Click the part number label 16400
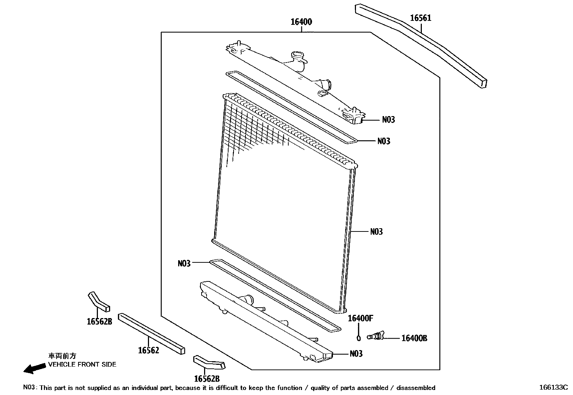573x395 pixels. [x=301, y=22]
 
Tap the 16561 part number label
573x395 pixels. [x=421, y=18]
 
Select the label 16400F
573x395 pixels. [x=360, y=318]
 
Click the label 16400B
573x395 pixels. [x=414, y=338]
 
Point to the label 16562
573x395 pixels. [x=149, y=350]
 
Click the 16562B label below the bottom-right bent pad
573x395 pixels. [x=207, y=379]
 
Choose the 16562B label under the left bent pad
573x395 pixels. [x=99, y=322]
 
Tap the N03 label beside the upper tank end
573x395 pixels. [x=388, y=120]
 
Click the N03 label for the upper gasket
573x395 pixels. [x=384, y=141]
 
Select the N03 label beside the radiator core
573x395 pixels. [x=376, y=232]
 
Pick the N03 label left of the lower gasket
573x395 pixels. [x=184, y=264]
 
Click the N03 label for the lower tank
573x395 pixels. [x=356, y=354]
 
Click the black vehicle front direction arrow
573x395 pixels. [x=32, y=368]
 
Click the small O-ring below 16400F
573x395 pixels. [x=358, y=339]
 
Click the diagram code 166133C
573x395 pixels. [x=553, y=388]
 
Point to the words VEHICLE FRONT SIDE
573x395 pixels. [x=82, y=364]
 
